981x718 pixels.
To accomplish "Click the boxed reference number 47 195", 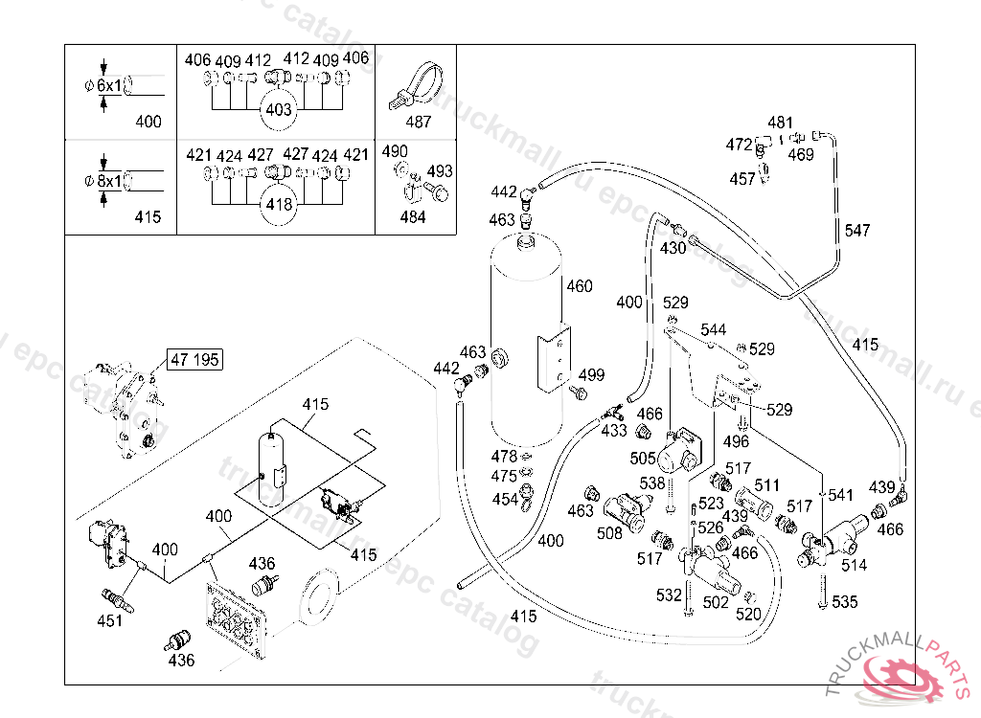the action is (x=194, y=360).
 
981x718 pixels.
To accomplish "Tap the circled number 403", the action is (x=279, y=110).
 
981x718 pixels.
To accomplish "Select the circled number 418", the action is (x=279, y=205).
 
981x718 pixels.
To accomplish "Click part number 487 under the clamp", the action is (x=418, y=122).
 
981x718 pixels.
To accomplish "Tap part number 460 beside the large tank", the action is (x=580, y=286).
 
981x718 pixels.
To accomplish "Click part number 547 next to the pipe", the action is (x=857, y=230).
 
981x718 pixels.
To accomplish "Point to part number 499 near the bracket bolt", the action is (x=591, y=374).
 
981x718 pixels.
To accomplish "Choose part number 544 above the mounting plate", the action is (x=713, y=329).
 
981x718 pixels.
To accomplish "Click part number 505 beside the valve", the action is (x=643, y=458).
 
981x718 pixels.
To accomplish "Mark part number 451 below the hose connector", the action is (x=109, y=620).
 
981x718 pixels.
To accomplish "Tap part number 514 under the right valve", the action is (x=854, y=565).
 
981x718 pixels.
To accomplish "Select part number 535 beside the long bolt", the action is (x=845, y=601).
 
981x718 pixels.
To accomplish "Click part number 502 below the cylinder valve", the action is (x=716, y=601).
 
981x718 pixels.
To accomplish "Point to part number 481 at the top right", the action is (x=780, y=123).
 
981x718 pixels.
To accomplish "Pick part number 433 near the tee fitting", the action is (x=614, y=430).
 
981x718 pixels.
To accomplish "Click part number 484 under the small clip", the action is (x=413, y=217).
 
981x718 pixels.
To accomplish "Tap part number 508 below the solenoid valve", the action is (x=609, y=533).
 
